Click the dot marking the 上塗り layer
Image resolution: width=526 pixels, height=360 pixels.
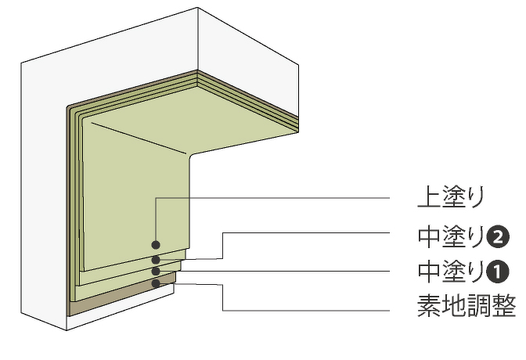(156, 245)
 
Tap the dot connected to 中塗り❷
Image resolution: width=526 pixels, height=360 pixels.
(156, 260)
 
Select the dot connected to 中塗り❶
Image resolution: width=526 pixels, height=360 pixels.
(156, 271)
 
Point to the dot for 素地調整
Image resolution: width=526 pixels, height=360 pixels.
(156, 283)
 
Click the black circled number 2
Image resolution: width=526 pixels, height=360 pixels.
(498, 237)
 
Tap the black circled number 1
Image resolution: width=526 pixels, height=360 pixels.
(498, 272)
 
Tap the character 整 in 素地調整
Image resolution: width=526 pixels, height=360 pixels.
(503, 306)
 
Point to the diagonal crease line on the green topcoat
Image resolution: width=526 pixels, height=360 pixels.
(139, 139)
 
